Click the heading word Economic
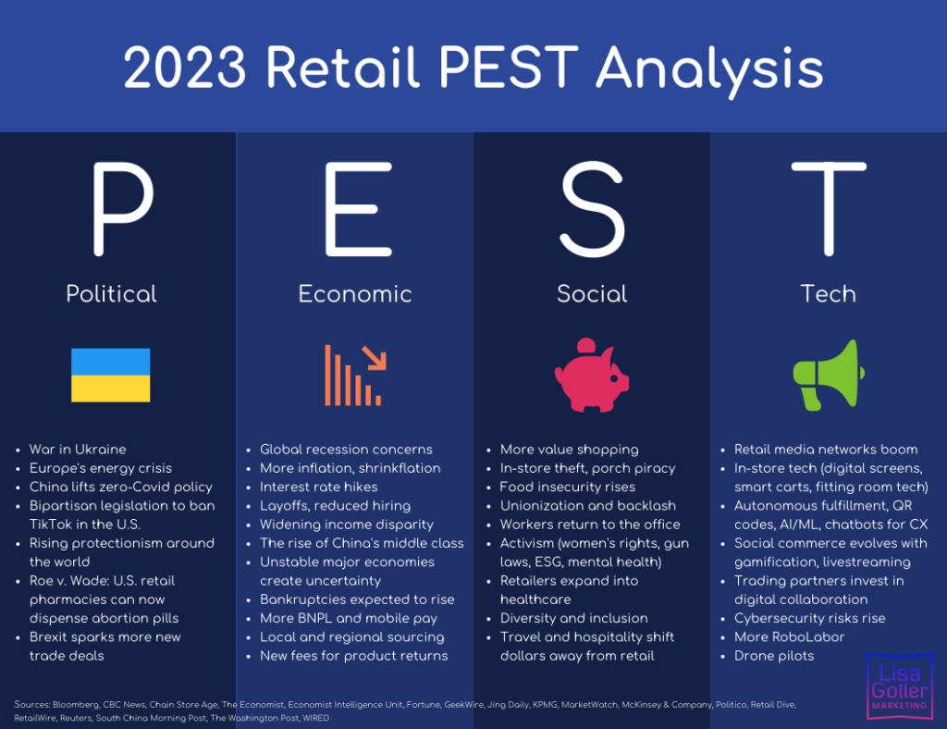click(355, 294)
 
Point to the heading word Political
click(111, 294)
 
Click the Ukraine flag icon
click(111, 375)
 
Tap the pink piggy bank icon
click(592, 375)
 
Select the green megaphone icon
click(828, 375)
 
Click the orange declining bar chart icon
click(354, 375)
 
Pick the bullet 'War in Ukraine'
click(78, 450)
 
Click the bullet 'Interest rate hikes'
click(318, 487)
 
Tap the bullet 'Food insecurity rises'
click(567, 487)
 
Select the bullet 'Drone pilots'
click(774, 656)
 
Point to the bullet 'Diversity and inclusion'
click(573, 618)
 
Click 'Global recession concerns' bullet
click(346, 450)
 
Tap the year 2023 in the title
click(185, 68)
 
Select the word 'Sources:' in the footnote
click(32, 705)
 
